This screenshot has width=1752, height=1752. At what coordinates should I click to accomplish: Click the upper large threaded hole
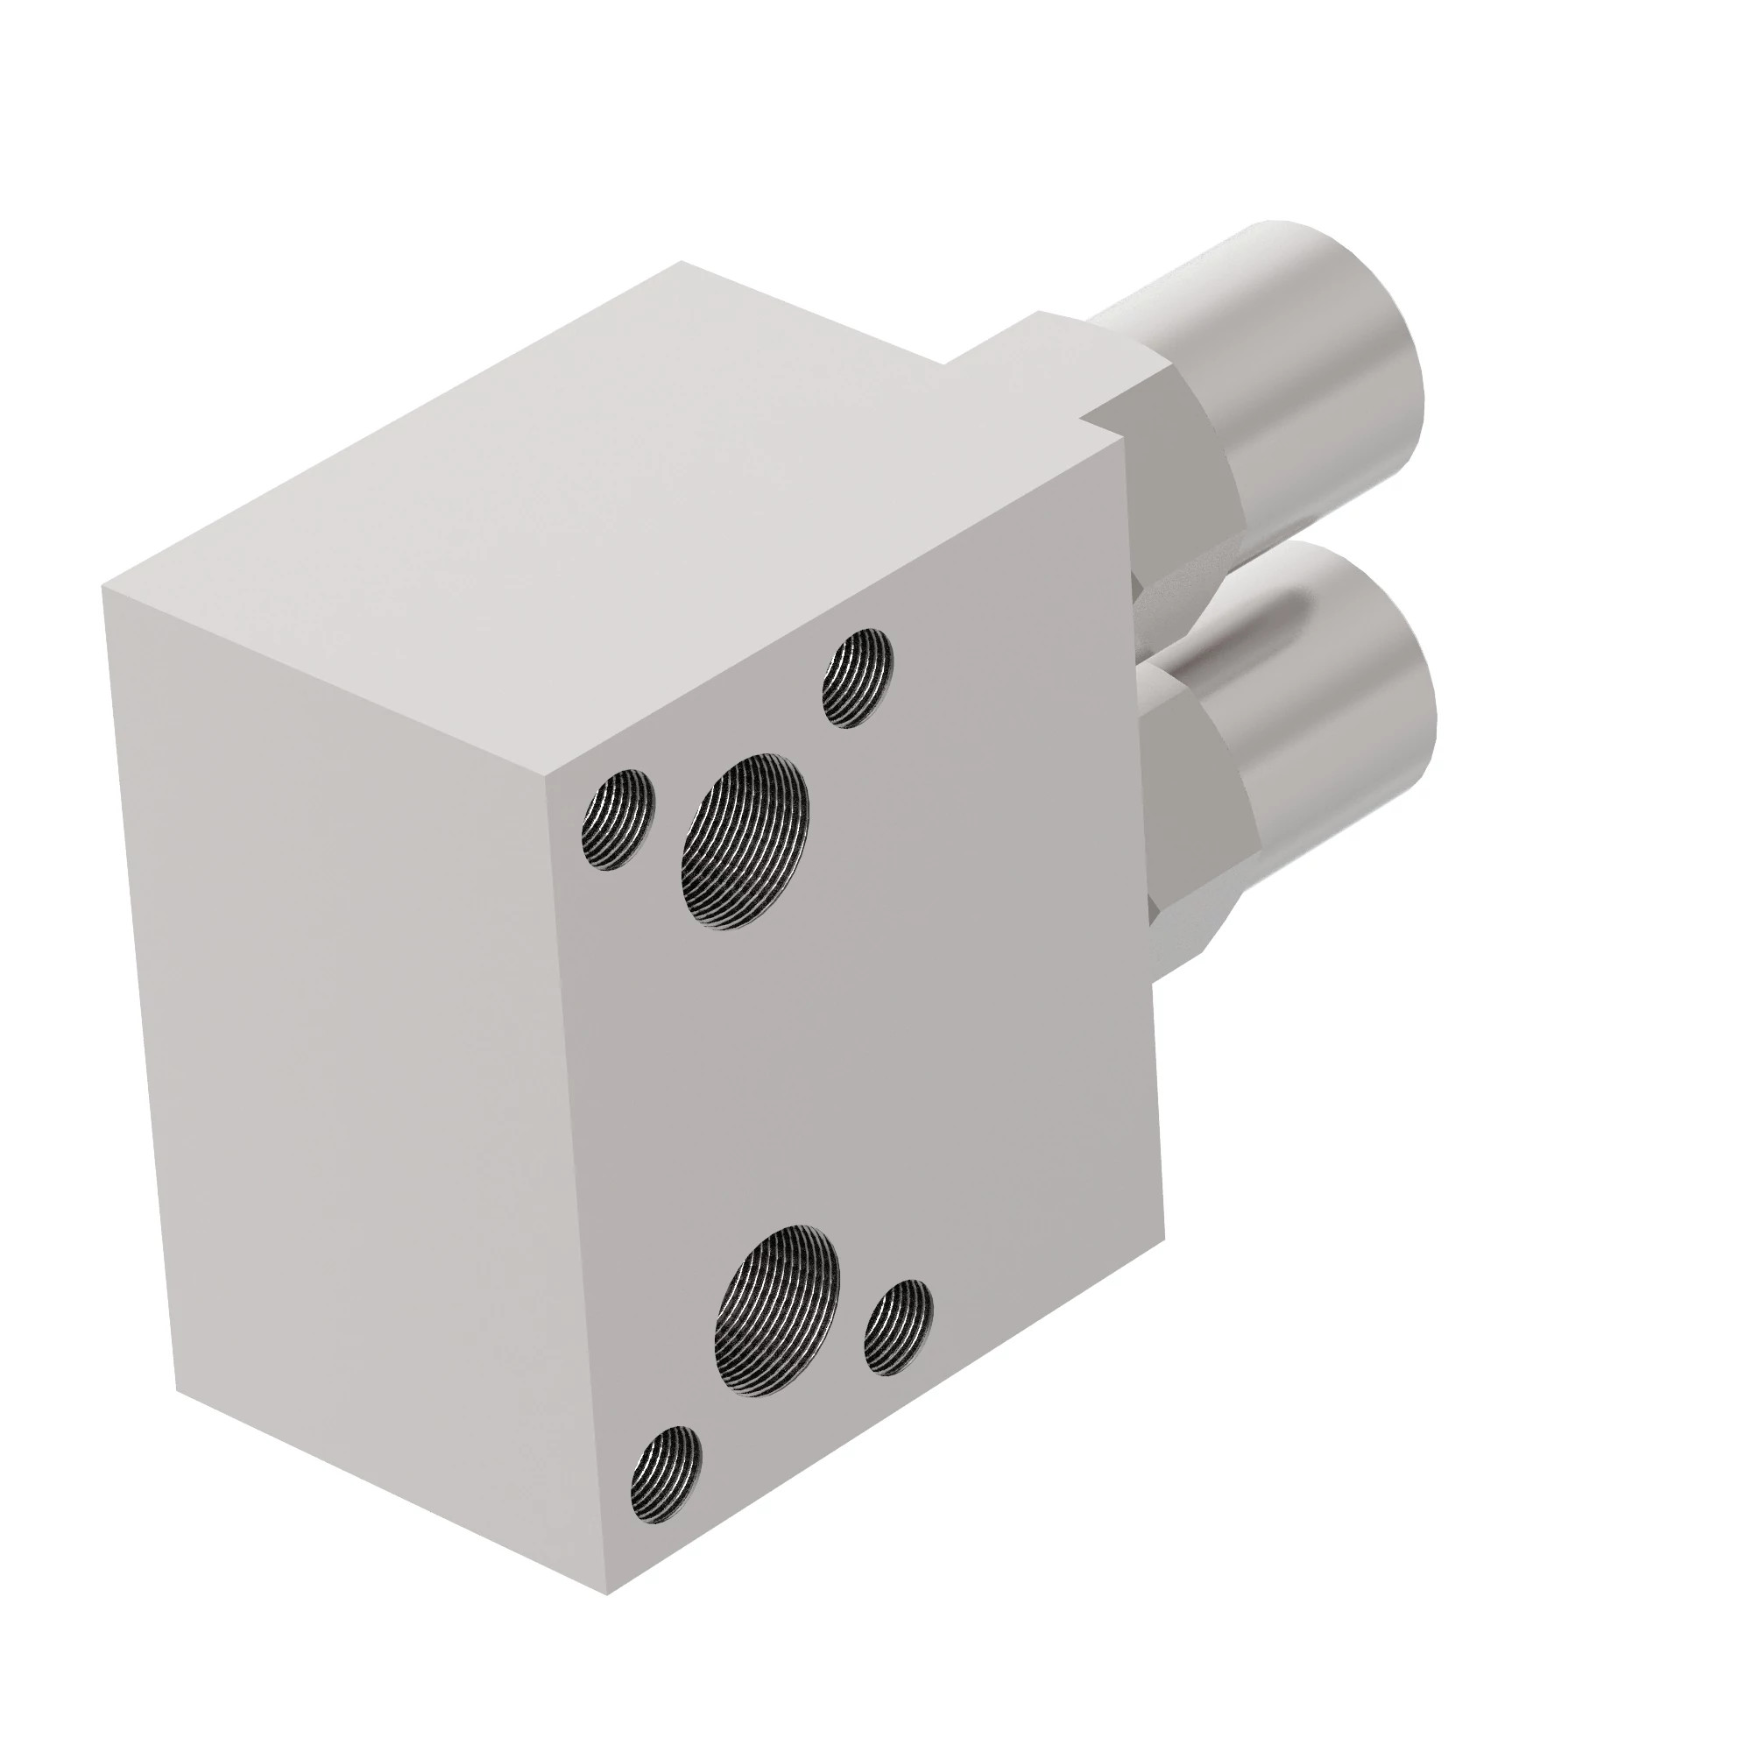click(x=745, y=843)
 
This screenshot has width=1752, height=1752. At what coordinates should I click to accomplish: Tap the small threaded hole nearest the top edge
click(x=857, y=678)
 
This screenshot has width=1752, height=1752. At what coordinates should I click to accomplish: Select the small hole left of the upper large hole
click(x=618, y=819)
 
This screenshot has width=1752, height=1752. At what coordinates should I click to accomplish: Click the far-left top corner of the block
click(x=102, y=588)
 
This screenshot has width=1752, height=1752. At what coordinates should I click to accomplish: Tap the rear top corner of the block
click(x=682, y=262)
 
